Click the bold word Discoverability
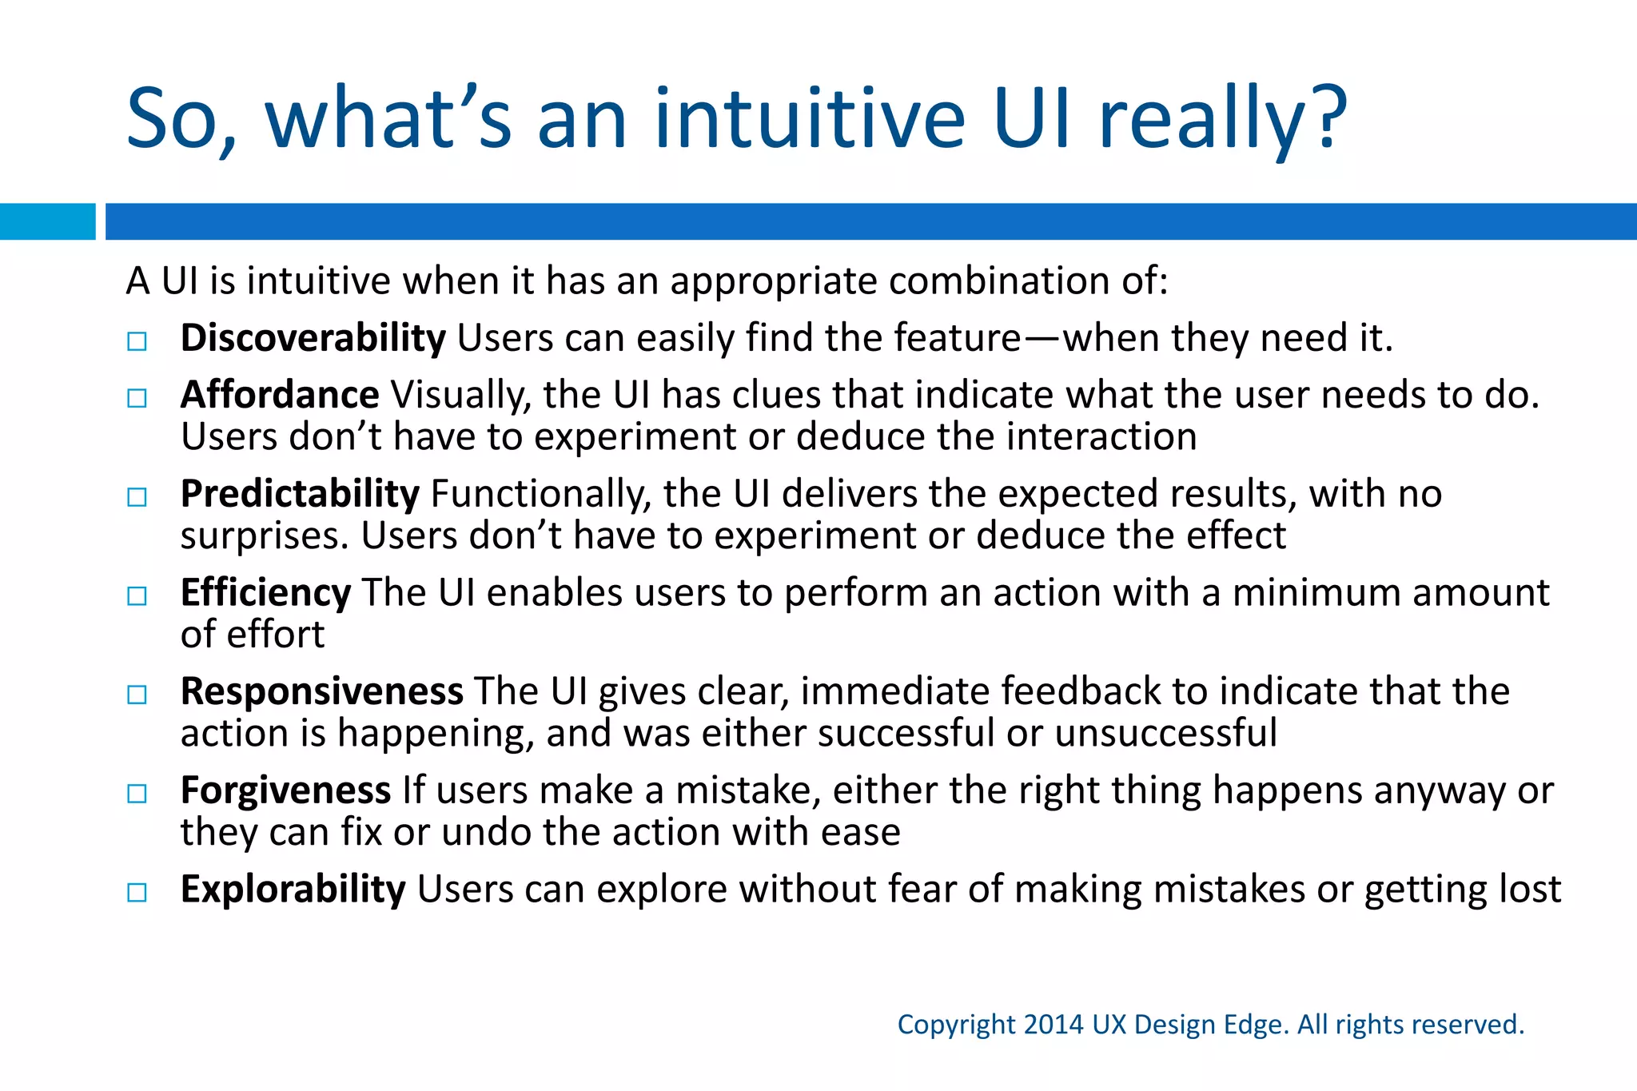point(313,338)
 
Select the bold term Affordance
point(280,395)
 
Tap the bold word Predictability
point(300,494)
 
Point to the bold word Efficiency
point(265,593)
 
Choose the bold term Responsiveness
point(321,691)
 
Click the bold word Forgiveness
point(285,790)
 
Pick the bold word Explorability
point(293,890)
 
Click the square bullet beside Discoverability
point(137,342)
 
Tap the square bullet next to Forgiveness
point(137,794)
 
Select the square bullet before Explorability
point(137,893)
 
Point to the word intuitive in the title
point(809,120)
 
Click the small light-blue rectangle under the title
point(47,221)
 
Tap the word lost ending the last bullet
point(1529,890)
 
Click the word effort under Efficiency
point(276,635)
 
